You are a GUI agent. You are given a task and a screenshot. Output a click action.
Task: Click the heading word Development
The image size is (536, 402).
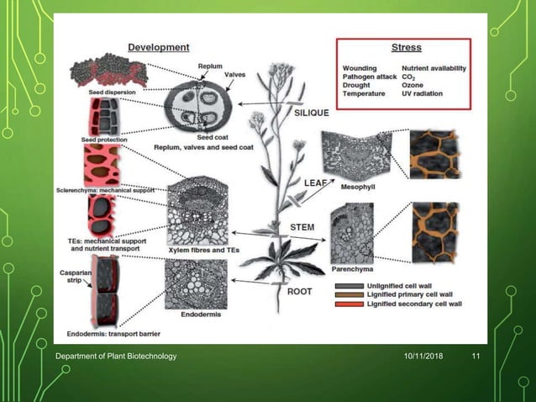(x=157, y=47)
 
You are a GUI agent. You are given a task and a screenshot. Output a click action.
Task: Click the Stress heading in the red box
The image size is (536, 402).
(x=407, y=48)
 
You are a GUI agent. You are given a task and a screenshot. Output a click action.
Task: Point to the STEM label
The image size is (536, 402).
(x=302, y=225)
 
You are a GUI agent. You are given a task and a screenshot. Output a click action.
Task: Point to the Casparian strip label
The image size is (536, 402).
(x=71, y=278)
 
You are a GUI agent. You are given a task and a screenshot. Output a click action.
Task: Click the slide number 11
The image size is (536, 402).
(x=476, y=357)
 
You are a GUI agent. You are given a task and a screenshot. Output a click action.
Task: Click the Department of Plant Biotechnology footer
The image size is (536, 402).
(x=116, y=357)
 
